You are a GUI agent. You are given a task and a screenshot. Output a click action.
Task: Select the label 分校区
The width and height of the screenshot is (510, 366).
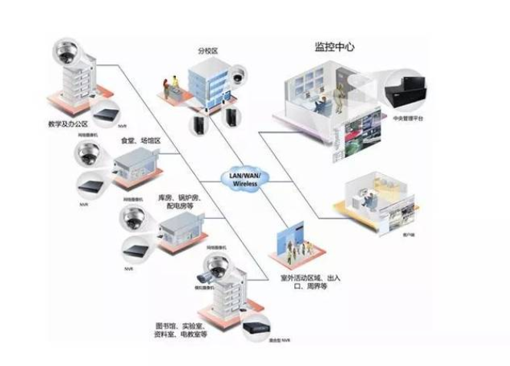208,50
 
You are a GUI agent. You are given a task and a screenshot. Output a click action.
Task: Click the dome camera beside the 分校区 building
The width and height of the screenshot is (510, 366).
239,74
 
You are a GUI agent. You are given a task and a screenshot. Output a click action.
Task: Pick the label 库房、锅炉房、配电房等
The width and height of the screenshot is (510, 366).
180,203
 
